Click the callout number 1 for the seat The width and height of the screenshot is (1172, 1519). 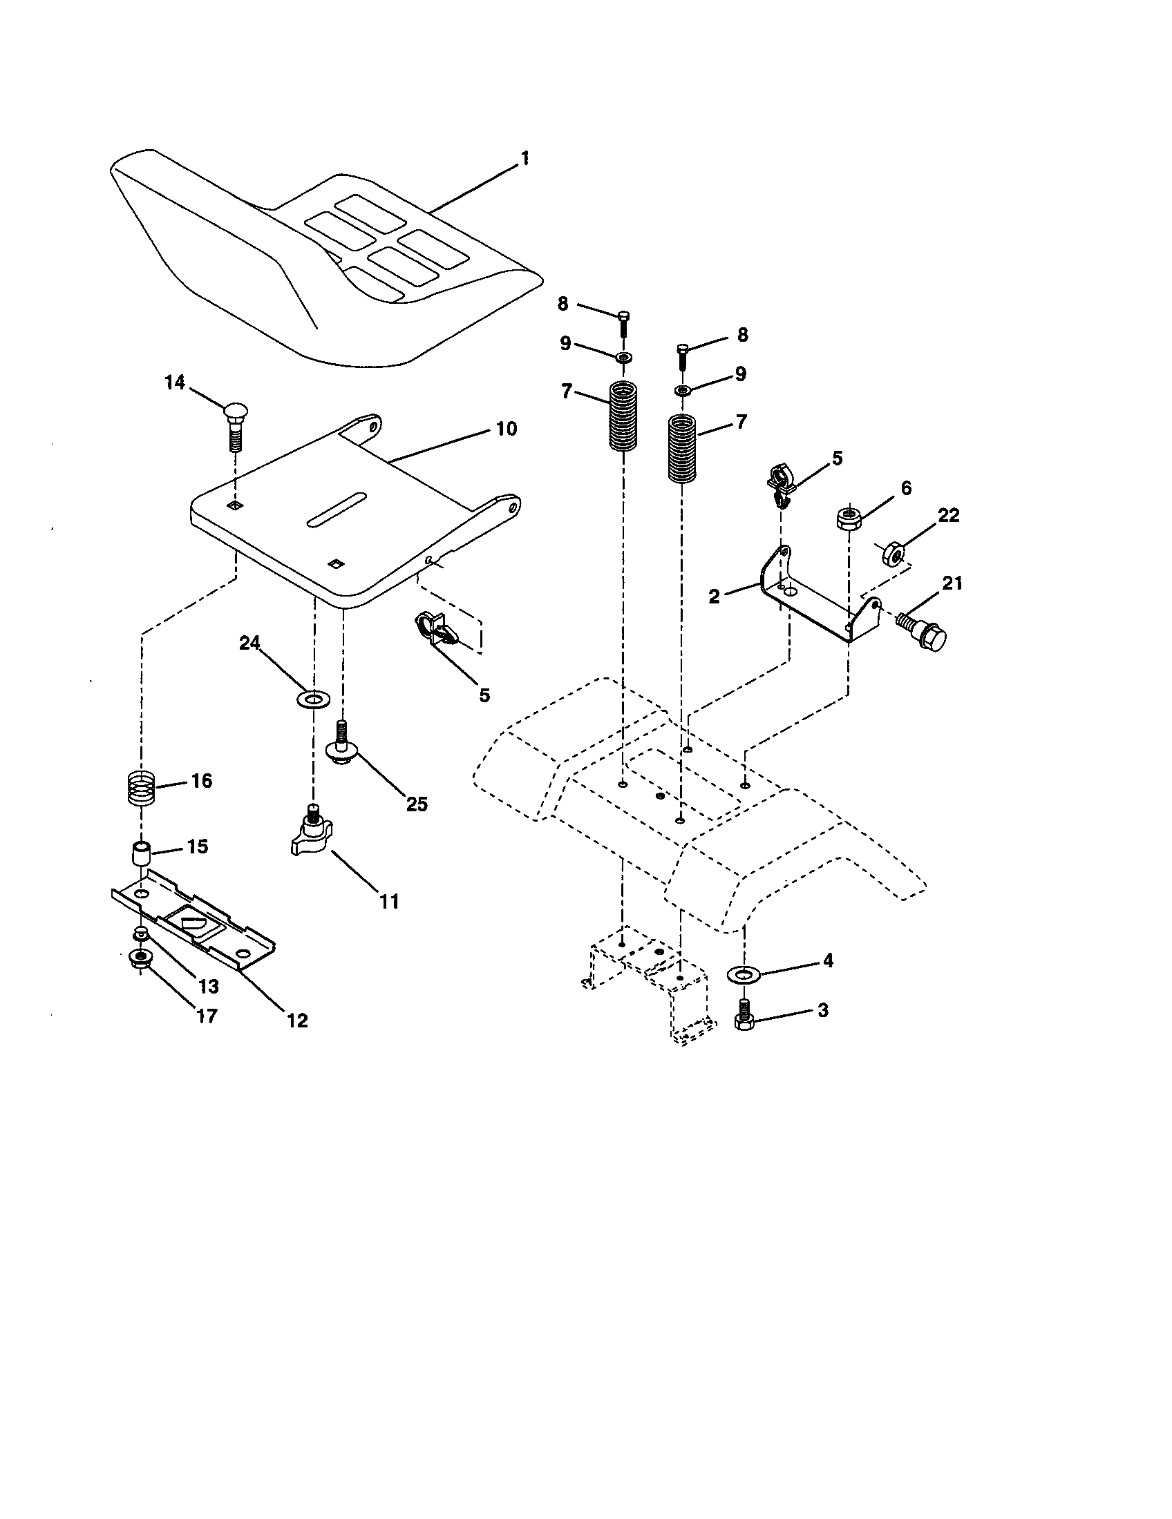[x=524, y=158]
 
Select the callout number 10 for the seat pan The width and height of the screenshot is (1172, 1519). [x=506, y=429]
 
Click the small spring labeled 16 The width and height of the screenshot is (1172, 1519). [x=142, y=788]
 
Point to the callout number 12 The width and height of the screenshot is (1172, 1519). [x=297, y=1020]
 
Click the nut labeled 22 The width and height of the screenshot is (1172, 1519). [x=894, y=554]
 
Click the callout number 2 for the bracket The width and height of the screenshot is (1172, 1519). [x=714, y=596]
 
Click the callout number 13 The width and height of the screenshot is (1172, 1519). [x=208, y=986]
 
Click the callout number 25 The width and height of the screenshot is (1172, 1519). [x=417, y=804]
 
